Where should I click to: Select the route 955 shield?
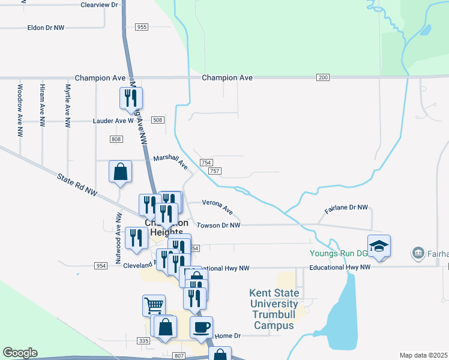[x=142, y=27]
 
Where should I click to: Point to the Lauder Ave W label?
[x=116, y=121]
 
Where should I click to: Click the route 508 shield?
[x=158, y=121]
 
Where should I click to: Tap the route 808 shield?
[x=116, y=139]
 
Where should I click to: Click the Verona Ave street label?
[x=217, y=206]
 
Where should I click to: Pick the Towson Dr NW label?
[x=218, y=226]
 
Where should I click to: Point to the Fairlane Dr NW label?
[x=346, y=209]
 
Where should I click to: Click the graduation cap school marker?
[x=379, y=246]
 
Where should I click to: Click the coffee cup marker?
[x=201, y=327]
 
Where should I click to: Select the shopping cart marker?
[x=154, y=305]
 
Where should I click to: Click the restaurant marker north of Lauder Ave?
[x=131, y=98]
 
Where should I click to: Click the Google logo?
[x=20, y=353]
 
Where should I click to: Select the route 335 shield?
[x=143, y=340]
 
